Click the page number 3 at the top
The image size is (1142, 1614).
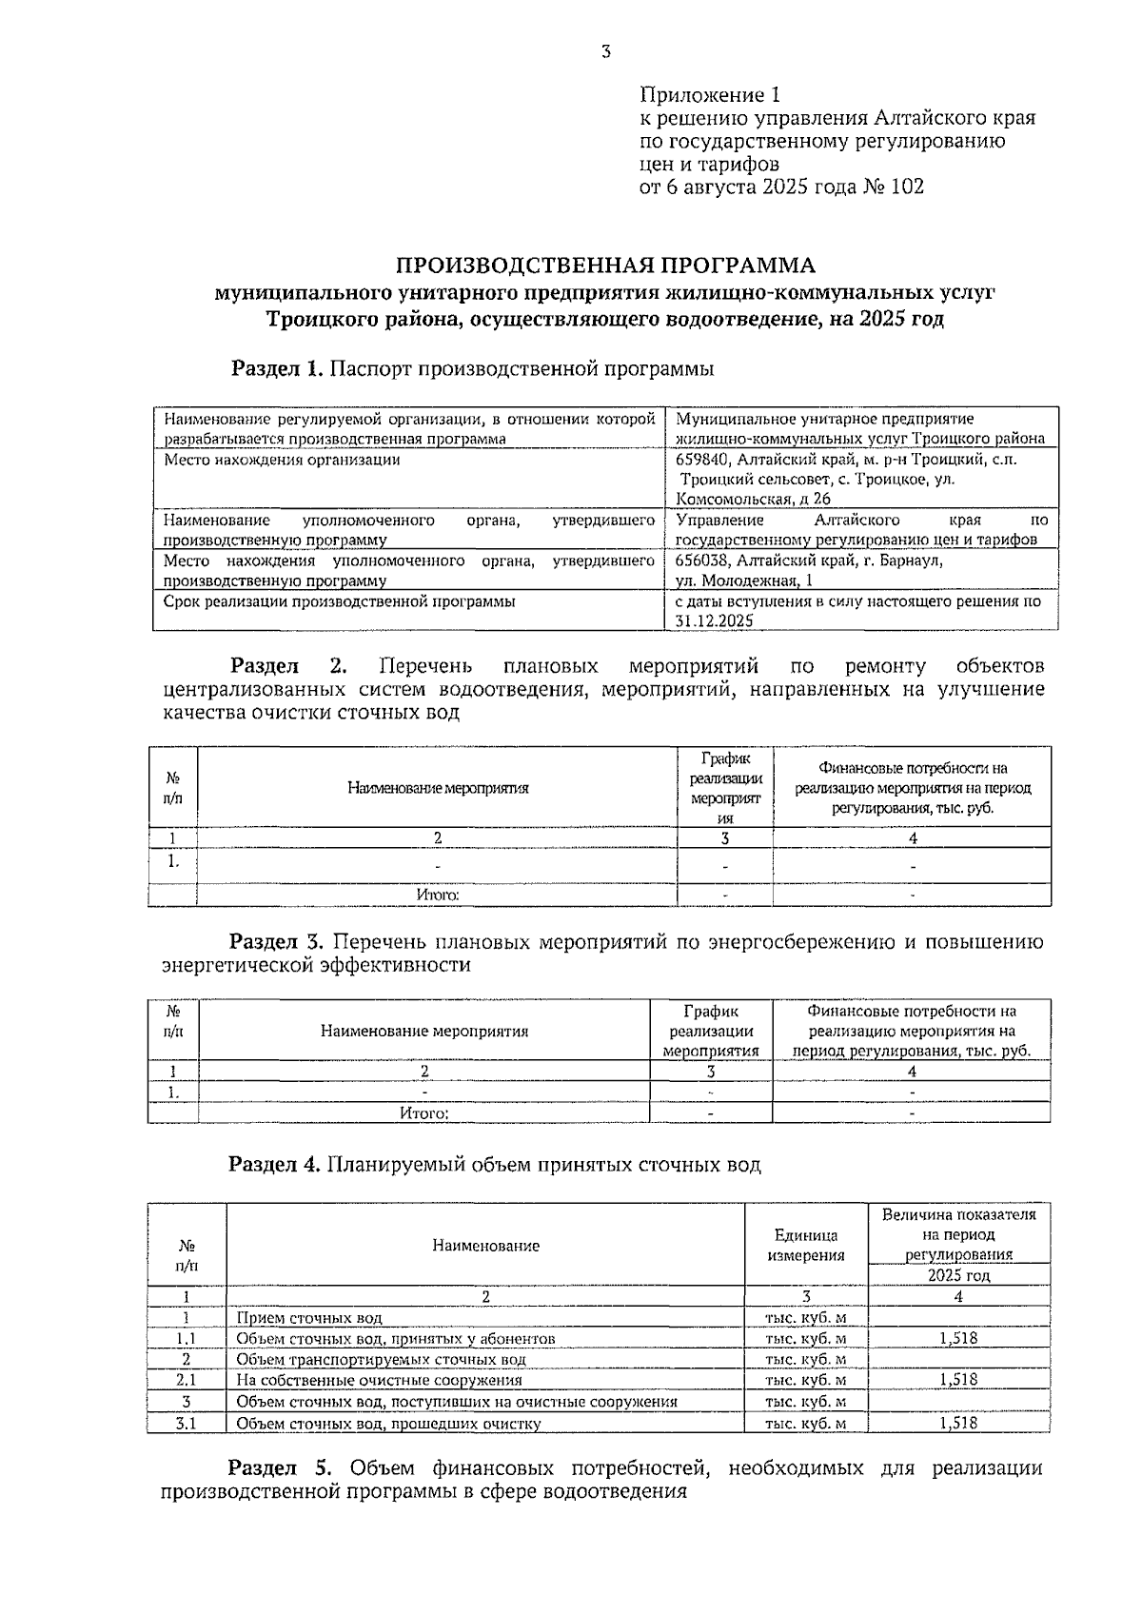(x=605, y=53)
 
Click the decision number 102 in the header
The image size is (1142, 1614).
(x=907, y=187)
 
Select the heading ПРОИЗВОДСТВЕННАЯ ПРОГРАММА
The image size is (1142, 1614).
(x=605, y=266)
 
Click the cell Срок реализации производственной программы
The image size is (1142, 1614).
(x=340, y=601)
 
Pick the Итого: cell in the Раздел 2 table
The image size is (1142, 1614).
(x=438, y=895)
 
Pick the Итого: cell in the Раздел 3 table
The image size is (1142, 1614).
(x=424, y=1112)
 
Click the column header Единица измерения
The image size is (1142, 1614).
(x=805, y=1245)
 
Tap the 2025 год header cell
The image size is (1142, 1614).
(x=958, y=1275)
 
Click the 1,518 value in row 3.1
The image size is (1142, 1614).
(x=958, y=1424)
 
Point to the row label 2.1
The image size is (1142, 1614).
(x=187, y=1380)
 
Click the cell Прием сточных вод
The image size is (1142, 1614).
(x=309, y=1318)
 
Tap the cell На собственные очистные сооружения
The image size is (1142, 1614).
(x=379, y=1380)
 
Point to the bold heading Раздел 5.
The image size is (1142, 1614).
(x=281, y=1468)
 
